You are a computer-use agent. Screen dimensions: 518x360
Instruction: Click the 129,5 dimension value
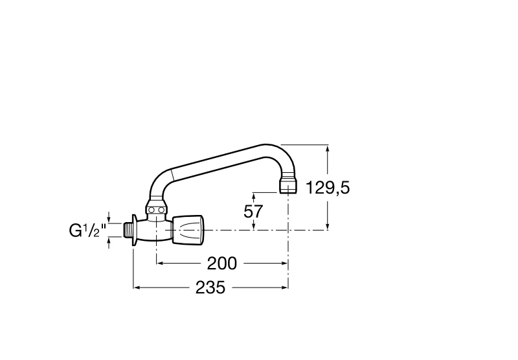tap(328, 188)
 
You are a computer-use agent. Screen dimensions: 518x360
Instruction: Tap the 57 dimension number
tap(253, 211)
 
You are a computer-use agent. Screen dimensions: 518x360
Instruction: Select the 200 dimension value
tap(222, 264)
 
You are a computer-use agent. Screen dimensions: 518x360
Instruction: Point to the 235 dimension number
tap(210, 287)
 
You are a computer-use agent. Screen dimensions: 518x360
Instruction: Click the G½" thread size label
tap(87, 231)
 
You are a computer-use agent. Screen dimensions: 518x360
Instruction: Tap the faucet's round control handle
tap(188, 230)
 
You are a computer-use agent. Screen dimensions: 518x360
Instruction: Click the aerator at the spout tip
tap(288, 186)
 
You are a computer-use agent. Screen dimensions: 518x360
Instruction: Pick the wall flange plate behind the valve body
tap(135, 231)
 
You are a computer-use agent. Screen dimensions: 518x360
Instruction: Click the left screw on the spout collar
tap(152, 210)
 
